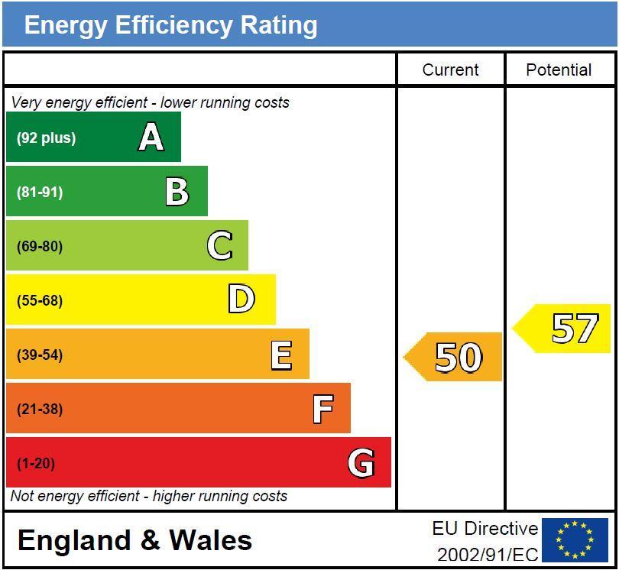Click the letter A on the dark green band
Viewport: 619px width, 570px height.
click(x=151, y=138)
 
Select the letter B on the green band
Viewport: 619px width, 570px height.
click(x=177, y=192)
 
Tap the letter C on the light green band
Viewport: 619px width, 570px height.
click(x=219, y=246)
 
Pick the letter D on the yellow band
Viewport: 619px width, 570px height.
click(x=241, y=300)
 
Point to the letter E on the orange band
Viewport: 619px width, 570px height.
click(x=281, y=355)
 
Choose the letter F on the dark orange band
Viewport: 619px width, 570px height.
click(x=322, y=409)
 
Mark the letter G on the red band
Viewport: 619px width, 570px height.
click(x=361, y=463)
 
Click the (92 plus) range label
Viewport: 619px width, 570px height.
click(x=46, y=138)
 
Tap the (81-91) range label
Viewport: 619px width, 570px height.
click(x=40, y=193)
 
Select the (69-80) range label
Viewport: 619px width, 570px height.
click(x=40, y=247)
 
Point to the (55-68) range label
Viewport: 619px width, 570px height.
click(x=40, y=301)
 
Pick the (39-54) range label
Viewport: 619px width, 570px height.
click(x=40, y=355)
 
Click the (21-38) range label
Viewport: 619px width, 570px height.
click(x=40, y=410)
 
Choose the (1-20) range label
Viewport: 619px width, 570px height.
click(x=36, y=464)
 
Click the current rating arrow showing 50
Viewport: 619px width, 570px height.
click(x=454, y=357)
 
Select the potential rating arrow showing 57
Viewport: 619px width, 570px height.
click(x=563, y=329)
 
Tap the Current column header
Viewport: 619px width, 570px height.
click(x=450, y=70)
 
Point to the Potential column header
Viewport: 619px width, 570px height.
click(x=559, y=70)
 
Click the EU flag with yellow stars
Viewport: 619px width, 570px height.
click(x=575, y=540)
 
